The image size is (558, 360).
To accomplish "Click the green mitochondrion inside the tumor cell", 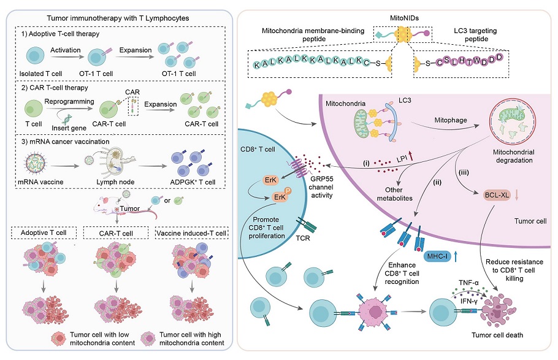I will tap(361, 128).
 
